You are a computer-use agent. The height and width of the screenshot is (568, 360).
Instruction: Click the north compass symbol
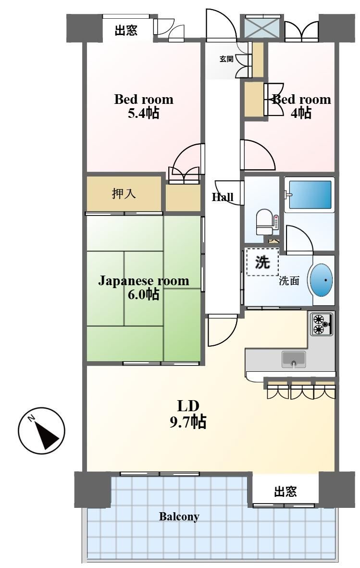click(41, 431)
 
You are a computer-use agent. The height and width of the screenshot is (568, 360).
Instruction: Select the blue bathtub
click(309, 194)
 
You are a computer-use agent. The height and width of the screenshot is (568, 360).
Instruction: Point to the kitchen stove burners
click(322, 324)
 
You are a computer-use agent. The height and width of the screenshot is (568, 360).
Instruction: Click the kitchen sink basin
click(293, 359)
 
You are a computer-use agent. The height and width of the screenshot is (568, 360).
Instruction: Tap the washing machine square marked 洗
click(262, 262)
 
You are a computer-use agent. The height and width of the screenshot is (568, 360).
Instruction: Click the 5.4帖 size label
click(143, 114)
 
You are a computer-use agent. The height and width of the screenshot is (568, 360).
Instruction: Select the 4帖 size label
click(301, 114)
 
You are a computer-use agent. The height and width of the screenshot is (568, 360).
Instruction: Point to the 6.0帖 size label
click(143, 294)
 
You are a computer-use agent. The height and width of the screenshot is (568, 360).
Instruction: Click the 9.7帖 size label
click(188, 422)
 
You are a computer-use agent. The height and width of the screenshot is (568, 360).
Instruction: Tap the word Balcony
click(179, 517)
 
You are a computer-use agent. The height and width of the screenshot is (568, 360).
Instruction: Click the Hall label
click(223, 197)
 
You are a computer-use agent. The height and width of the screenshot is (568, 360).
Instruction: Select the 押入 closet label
click(124, 194)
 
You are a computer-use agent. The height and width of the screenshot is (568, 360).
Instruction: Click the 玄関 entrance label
click(226, 59)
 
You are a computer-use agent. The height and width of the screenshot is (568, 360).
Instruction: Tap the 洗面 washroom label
click(289, 281)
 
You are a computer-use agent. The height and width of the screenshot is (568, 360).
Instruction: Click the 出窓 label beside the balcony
click(286, 492)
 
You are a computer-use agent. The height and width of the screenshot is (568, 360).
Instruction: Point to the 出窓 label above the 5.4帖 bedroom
click(126, 30)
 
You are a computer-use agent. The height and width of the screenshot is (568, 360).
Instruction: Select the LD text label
click(188, 406)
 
